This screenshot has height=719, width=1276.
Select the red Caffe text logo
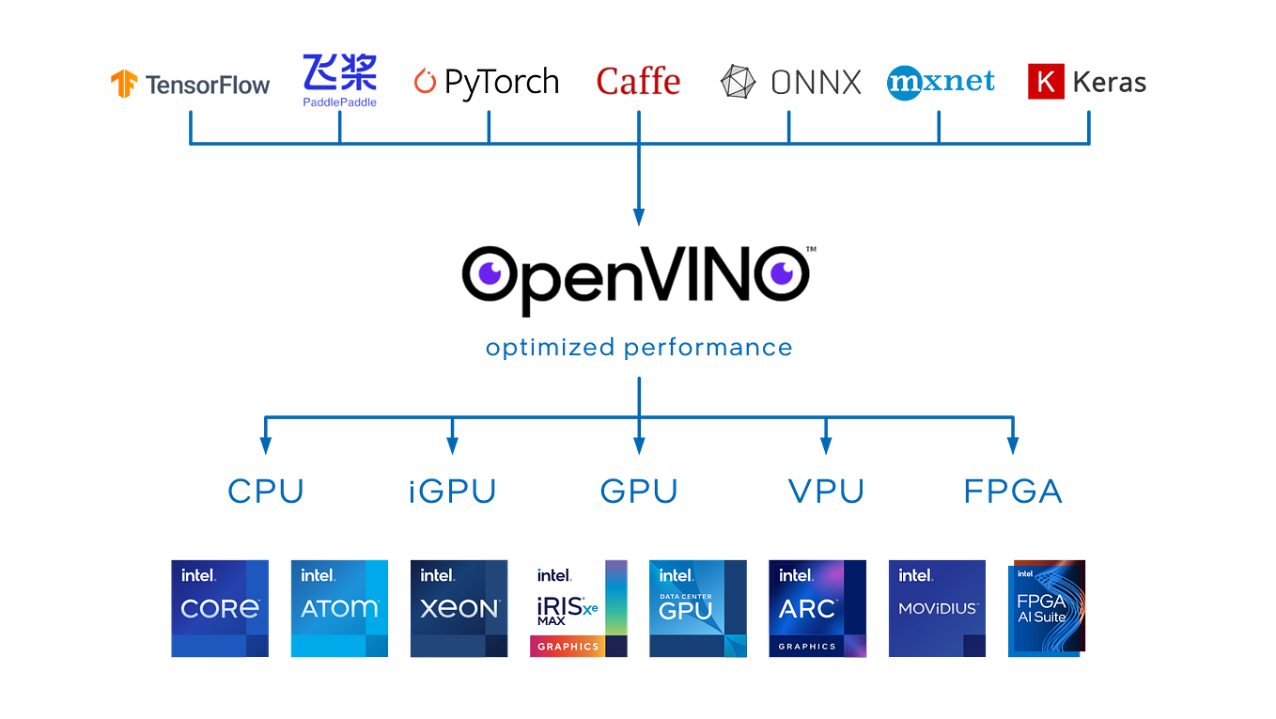(638, 81)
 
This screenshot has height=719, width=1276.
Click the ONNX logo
(790, 82)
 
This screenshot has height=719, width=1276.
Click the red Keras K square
(1046, 82)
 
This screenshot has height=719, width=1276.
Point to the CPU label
(266, 490)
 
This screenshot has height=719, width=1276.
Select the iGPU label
(452, 490)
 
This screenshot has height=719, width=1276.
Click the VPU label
(825, 490)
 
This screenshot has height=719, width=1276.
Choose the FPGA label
(1012, 490)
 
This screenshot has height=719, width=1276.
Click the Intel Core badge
(220, 608)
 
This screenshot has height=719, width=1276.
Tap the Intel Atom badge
(339, 608)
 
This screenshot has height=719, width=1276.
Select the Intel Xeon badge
(459, 608)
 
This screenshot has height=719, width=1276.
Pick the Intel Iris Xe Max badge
(579, 608)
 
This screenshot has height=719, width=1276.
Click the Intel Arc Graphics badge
(817, 608)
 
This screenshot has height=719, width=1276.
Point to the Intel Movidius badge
(937, 608)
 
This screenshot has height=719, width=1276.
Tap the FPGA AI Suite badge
(1046, 608)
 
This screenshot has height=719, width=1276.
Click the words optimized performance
(638, 348)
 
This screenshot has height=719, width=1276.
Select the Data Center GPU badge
(698, 608)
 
